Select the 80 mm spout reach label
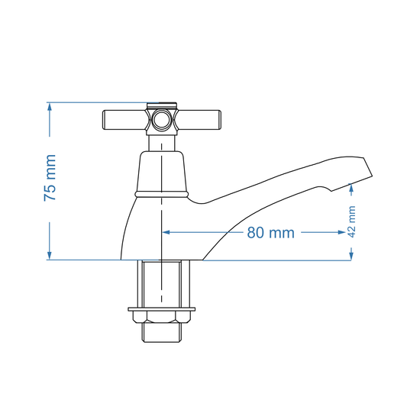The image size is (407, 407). click(270, 233)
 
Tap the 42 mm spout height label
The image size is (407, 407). click(352, 221)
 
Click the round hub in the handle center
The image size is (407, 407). click(162, 120)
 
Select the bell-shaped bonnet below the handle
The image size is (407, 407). click(162, 172)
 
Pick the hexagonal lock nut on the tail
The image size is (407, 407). click(162, 315)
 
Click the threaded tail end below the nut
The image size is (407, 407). click(162, 333)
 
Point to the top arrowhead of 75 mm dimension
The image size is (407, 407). click(50, 108)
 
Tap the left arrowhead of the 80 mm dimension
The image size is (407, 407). click(167, 232)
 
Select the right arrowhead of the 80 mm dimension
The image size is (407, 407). click(346, 232)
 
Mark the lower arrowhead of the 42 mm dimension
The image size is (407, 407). click(351, 255)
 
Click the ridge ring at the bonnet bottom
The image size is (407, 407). click(162, 195)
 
